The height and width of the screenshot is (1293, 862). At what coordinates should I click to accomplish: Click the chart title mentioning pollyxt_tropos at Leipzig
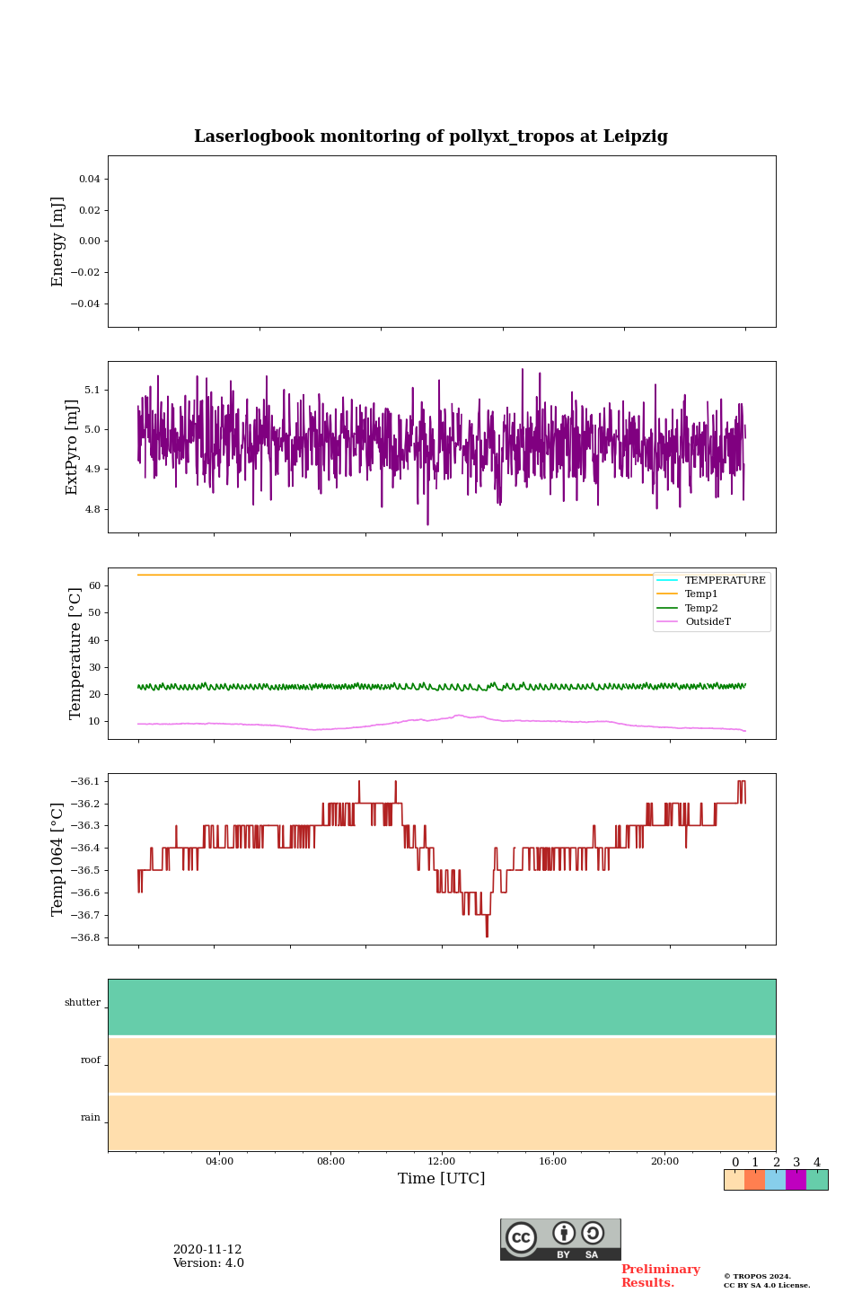pyautogui.click(x=431, y=136)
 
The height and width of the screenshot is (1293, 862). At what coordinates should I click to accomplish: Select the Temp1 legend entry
pyautogui.click(x=701, y=594)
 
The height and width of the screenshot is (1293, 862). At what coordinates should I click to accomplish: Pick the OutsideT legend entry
pyautogui.click(x=708, y=622)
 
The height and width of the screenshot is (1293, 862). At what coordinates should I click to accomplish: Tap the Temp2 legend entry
pyautogui.click(x=701, y=609)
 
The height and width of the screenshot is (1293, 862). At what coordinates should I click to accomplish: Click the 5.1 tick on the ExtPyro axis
pyautogui.click(x=92, y=391)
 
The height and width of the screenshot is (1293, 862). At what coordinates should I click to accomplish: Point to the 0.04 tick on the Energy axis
pyautogui.click(x=89, y=180)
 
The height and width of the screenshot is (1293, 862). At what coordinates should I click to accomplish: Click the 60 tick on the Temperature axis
pyautogui.click(x=94, y=586)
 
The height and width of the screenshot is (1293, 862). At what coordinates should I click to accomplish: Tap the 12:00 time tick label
pyautogui.click(x=442, y=1162)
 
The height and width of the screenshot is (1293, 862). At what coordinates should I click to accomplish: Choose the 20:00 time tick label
pyautogui.click(x=664, y=1162)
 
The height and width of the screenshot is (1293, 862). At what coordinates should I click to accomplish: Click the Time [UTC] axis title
pyautogui.click(x=442, y=1179)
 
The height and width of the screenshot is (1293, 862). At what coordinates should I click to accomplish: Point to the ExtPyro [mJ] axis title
pyautogui.click(x=73, y=447)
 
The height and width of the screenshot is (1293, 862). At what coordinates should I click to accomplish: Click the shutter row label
pyautogui.click(x=83, y=1003)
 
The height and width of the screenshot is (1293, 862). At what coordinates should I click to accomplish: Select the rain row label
pyautogui.click(x=91, y=1118)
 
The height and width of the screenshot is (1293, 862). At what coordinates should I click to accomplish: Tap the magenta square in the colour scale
pyautogui.click(x=796, y=1180)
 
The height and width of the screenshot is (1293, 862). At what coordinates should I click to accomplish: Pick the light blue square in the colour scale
pyautogui.click(x=775, y=1180)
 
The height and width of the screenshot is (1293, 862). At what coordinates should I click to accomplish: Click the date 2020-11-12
pyautogui.click(x=207, y=1250)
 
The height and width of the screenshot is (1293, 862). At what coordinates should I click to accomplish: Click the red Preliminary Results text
pyautogui.click(x=660, y=1276)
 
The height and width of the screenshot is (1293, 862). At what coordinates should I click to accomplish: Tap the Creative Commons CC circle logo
pyautogui.click(x=521, y=1237)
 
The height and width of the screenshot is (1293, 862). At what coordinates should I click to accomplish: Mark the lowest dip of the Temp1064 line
pyautogui.click(x=487, y=937)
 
